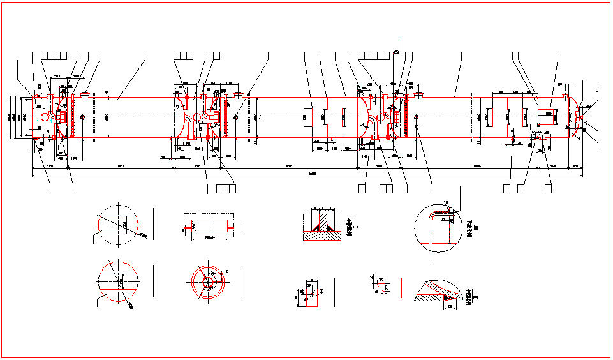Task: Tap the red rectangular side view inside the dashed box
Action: (210, 225)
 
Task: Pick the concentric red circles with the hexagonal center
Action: (208, 281)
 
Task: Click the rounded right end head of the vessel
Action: (575, 117)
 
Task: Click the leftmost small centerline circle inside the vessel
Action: (45, 117)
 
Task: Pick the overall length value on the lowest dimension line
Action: (311, 173)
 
